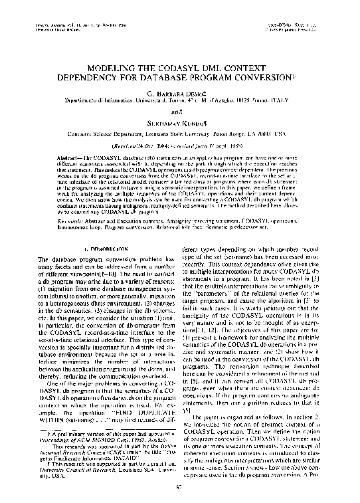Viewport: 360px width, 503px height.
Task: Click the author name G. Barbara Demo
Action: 181,92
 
